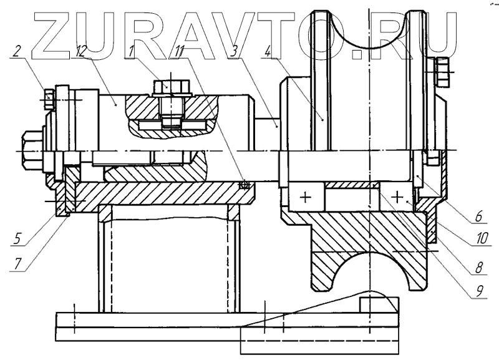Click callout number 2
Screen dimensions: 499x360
point(17,51)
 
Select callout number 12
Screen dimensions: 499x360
point(81,51)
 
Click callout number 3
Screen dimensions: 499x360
point(235,52)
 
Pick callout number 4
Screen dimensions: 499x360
point(268,52)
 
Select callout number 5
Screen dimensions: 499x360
point(18,238)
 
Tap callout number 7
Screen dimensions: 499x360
point(18,264)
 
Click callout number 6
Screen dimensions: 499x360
point(478,216)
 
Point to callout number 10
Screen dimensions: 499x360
point(482,238)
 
